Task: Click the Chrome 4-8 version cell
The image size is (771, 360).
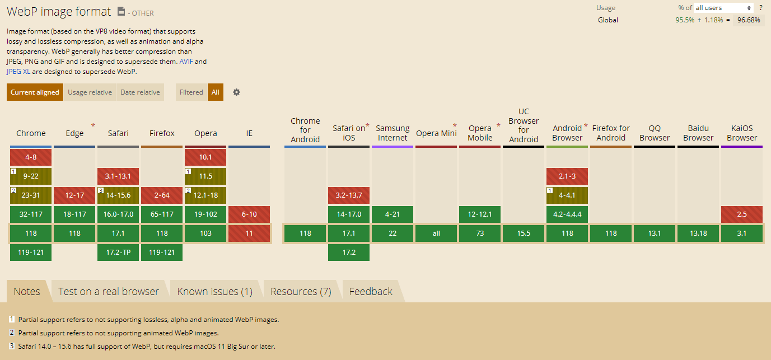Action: (x=31, y=157)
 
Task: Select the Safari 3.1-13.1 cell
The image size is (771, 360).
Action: (x=118, y=176)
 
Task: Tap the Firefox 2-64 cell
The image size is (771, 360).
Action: (x=162, y=195)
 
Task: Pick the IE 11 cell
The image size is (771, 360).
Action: (x=249, y=233)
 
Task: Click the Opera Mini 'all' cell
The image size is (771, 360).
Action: (x=436, y=233)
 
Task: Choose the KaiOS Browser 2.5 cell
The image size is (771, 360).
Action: (x=742, y=214)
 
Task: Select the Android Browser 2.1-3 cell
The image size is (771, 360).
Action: (x=567, y=176)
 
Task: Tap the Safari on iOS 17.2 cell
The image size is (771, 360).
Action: (x=349, y=253)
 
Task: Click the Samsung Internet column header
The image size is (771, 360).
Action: (x=392, y=133)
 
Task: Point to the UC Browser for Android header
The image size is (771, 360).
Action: (x=524, y=125)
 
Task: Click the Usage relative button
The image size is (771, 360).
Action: (x=90, y=92)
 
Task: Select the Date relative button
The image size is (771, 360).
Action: (x=140, y=92)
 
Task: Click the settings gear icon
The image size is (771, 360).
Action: (x=236, y=92)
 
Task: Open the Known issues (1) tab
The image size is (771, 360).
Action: (x=215, y=292)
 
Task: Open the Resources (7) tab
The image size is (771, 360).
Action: (x=301, y=292)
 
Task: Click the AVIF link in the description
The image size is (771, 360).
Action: (x=186, y=61)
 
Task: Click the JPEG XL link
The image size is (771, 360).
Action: (x=18, y=72)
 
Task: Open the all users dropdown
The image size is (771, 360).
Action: (x=723, y=8)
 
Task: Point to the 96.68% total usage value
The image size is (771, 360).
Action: (x=749, y=20)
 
